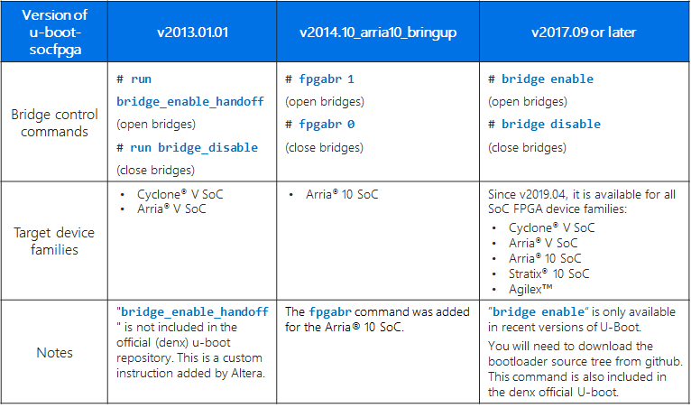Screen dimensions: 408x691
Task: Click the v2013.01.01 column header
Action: pyautogui.click(x=192, y=32)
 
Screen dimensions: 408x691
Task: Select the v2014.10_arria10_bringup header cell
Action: pyautogui.click(x=378, y=32)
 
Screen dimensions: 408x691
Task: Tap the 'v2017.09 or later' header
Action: pyautogui.click(x=584, y=32)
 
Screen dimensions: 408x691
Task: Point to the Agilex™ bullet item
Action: pyautogui.click(x=532, y=288)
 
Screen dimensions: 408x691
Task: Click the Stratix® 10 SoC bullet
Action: pyautogui.click(x=548, y=273)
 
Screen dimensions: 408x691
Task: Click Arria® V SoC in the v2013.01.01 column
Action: pyautogui.click(x=168, y=209)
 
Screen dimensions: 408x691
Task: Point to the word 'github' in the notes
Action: pyautogui.click(x=660, y=361)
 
